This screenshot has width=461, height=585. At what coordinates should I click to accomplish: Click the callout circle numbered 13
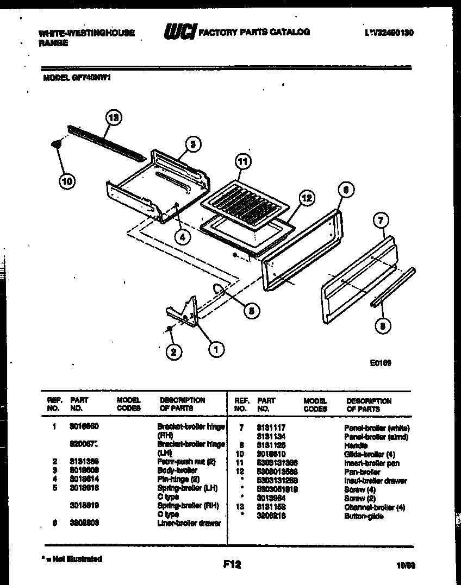point(114,118)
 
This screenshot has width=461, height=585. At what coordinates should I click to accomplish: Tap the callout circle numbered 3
point(192,144)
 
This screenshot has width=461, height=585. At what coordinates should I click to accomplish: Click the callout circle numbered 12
point(307,198)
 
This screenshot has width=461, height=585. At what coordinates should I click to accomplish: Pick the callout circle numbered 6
point(346,190)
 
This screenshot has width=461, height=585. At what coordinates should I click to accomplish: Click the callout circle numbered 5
point(251,310)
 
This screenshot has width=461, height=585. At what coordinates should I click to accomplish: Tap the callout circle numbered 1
point(216,350)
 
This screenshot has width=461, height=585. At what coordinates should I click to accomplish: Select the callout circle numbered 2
point(173,353)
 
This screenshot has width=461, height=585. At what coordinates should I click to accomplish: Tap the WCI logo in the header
point(180,33)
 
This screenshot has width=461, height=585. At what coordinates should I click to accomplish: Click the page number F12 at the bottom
point(232,565)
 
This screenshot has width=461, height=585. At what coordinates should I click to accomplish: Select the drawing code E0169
point(380,363)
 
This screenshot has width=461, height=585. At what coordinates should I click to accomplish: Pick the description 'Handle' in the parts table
point(356,445)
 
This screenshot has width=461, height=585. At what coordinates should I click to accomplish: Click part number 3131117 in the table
point(271,428)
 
